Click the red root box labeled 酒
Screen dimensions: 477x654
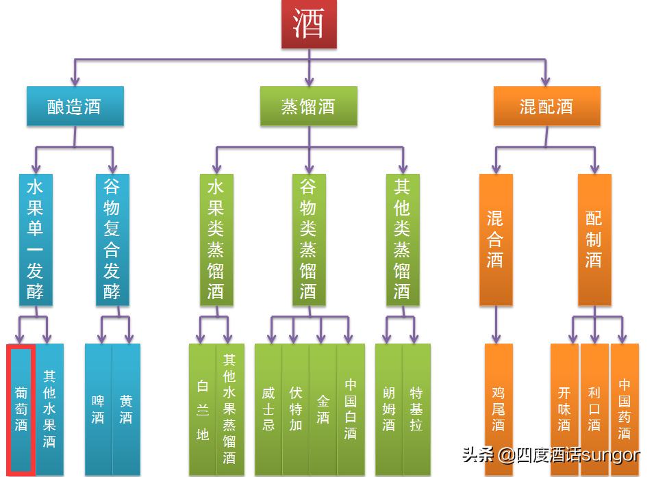tap(308, 25)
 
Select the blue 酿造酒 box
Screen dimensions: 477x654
tap(75, 106)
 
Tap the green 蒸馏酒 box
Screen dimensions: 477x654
tap(308, 106)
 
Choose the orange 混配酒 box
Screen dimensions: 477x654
tap(546, 106)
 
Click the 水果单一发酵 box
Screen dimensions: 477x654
tap(35, 240)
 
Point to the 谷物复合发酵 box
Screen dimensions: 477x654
tap(112, 240)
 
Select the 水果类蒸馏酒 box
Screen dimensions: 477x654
tap(216, 240)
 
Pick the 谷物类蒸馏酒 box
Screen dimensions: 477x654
tap(308, 240)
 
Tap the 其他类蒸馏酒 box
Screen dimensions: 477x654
tap(402, 240)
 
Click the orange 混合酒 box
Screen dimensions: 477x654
tap(495, 240)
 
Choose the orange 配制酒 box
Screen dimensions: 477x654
tap(594, 240)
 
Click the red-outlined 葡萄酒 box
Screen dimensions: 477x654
tap(21, 409)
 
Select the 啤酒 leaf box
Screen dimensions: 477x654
tap(98, 409)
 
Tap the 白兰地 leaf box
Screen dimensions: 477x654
tap(203, 409)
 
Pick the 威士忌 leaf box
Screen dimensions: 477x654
tap(268, 409)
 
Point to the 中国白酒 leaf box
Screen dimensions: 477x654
tap(351, 409)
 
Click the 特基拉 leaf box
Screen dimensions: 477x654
tap(416, 409)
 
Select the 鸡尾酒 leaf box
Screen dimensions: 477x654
tap(498, 409)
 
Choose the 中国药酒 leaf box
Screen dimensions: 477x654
tap(624, 409)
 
